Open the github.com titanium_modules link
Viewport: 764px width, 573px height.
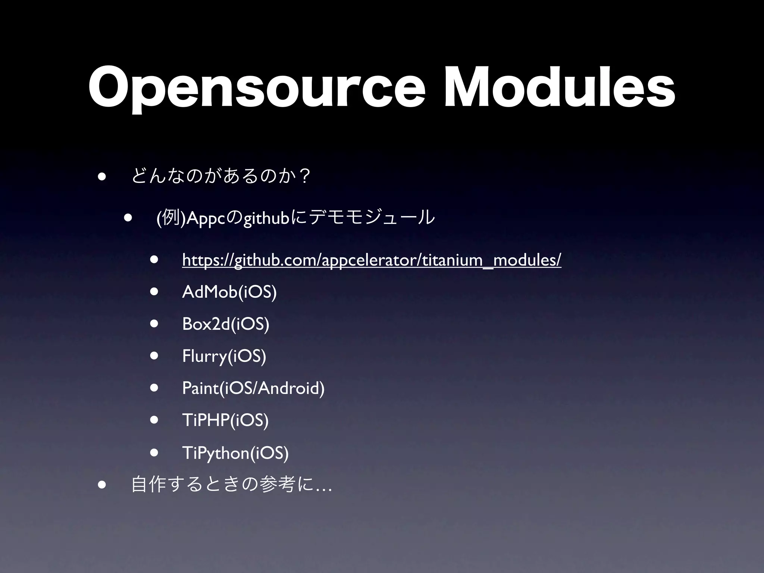[x=372, y=260]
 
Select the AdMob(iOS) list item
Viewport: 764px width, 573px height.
[x=229, y=292]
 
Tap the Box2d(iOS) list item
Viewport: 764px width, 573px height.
[x=226, y=324]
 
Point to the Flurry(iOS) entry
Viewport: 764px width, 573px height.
[x=224, y=356]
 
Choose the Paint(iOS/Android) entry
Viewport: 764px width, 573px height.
[x=253, y=388]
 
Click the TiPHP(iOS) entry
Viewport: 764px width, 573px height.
[x=225, y=420]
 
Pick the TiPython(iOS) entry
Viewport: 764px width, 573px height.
[x=235, y=453]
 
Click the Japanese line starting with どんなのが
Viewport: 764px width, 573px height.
[x=222, y=176]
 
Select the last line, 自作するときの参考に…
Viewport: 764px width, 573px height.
[x=232, y=485]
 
